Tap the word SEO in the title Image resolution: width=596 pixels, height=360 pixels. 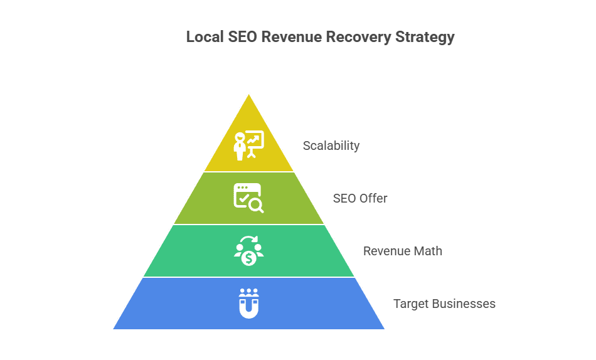pyautogui.click(x=240, y=38)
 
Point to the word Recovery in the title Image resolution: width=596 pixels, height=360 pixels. pyautogui.click(x=355, y=38)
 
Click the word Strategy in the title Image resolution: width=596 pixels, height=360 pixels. pyautogui.click(x=425, y=38)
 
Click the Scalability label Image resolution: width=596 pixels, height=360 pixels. pyautogui.click(x=331, y=146)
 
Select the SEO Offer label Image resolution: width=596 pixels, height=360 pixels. pyautogui.click(x=360, y=199)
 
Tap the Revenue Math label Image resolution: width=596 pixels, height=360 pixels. pyautogui.click(x=403, y=251)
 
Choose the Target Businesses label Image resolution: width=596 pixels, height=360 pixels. pyautogui.click(x=444, y=304)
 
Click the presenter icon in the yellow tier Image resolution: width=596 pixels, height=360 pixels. pyautogui.click(x=248, y=146)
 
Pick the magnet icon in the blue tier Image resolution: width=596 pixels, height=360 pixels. pyautogui.click(x=249, y=303)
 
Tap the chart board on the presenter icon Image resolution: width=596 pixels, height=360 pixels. pyautogui.click(x=255, y=140)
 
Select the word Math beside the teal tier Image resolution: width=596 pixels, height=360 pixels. pyautogui.click(x=429, y=251)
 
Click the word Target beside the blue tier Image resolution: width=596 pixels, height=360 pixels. pyautogui.click(x=410, y=304)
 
